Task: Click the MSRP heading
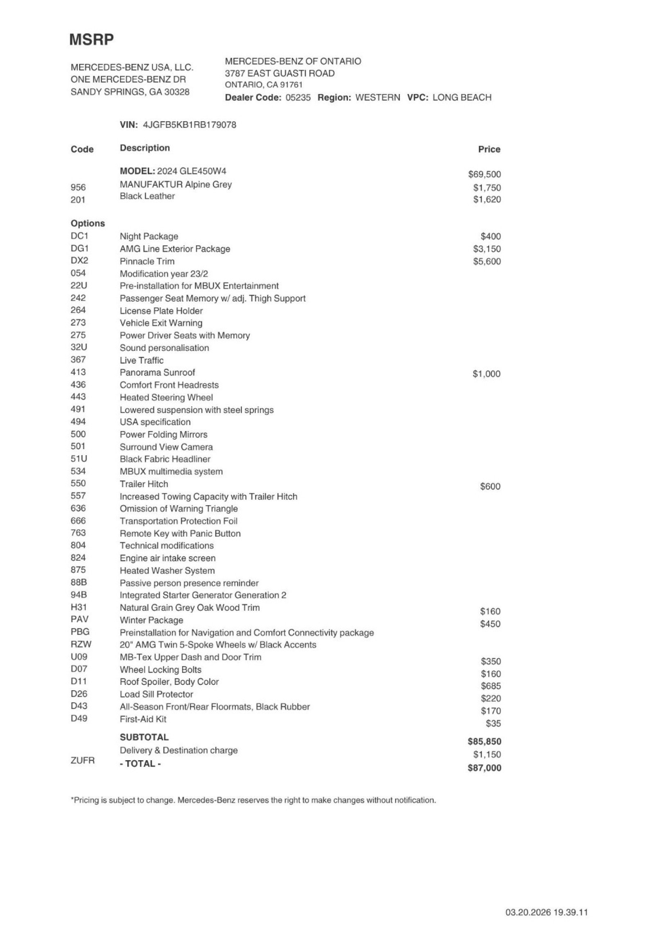[91, 40]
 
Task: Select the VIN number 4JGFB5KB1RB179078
[190, 125]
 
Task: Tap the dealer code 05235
[298, 97]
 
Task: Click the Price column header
[489, 149]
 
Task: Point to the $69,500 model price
[484, 174]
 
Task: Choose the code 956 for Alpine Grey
[78, 187]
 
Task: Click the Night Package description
[149, 236]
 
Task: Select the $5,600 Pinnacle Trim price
[487, 262]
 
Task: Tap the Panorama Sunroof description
[157, 373]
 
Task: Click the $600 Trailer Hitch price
[490, 486]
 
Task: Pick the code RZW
[81, 644]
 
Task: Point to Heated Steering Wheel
[166, 398]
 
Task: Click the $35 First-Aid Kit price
[493, 723]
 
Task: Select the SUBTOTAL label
[144, 737]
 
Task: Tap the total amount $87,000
[484, 768]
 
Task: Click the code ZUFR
[83, 760]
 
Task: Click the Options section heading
[88, 224]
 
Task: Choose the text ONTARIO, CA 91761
[264, 85]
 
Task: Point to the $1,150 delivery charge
[487, 754]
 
